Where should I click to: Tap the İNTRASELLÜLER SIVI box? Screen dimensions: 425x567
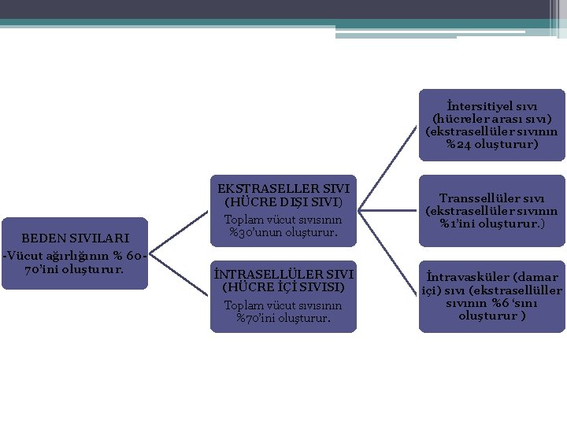(x=283, y=296)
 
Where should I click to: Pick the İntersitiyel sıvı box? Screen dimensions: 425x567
(x=491, y=124)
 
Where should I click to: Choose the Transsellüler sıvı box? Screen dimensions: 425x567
(x=491, y=210)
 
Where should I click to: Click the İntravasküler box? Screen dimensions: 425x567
(x=491, y=296)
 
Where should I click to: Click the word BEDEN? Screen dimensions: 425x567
(x=45, y=238)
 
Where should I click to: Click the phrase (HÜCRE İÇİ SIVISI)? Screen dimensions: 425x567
(x=283, y=287)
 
